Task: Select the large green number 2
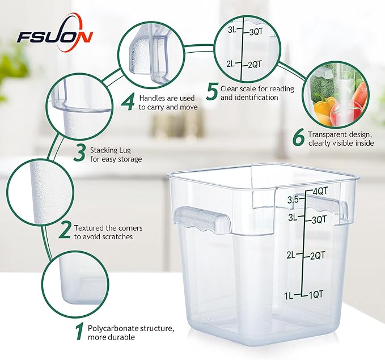[x=65, y=231]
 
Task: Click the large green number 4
[x=129, y=102]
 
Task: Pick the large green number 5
[x=211, y=92]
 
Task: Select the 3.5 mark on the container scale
[x=293, y=200]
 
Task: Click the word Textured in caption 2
[x=90, y=227]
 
